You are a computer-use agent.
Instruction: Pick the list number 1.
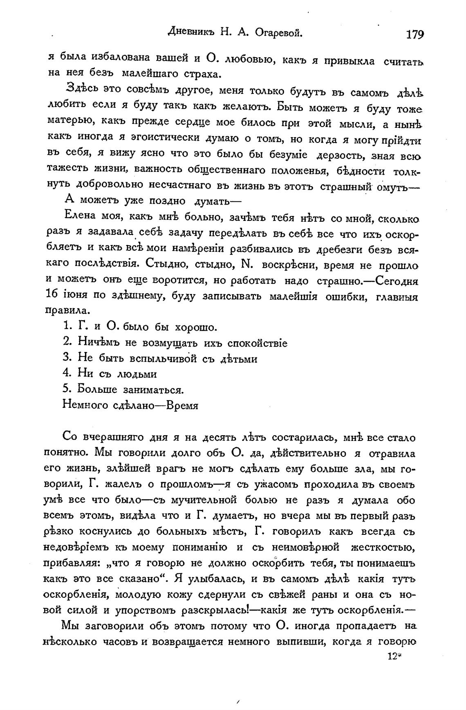pos(67,327)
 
